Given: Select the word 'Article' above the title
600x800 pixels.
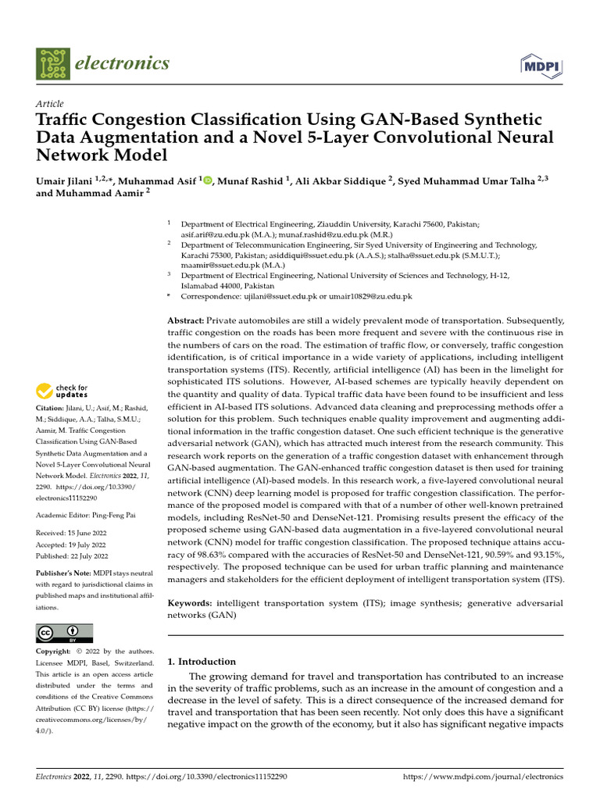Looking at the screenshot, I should pos(50,104).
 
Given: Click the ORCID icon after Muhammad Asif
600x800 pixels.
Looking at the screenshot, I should pos(208,180).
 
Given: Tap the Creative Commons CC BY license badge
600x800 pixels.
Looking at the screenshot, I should pos(64,633).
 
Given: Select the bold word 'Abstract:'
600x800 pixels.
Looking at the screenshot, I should pos(187,321).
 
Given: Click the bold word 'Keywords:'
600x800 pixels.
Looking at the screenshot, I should pos(191,604).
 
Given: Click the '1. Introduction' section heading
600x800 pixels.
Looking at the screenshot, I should pos(202,662).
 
